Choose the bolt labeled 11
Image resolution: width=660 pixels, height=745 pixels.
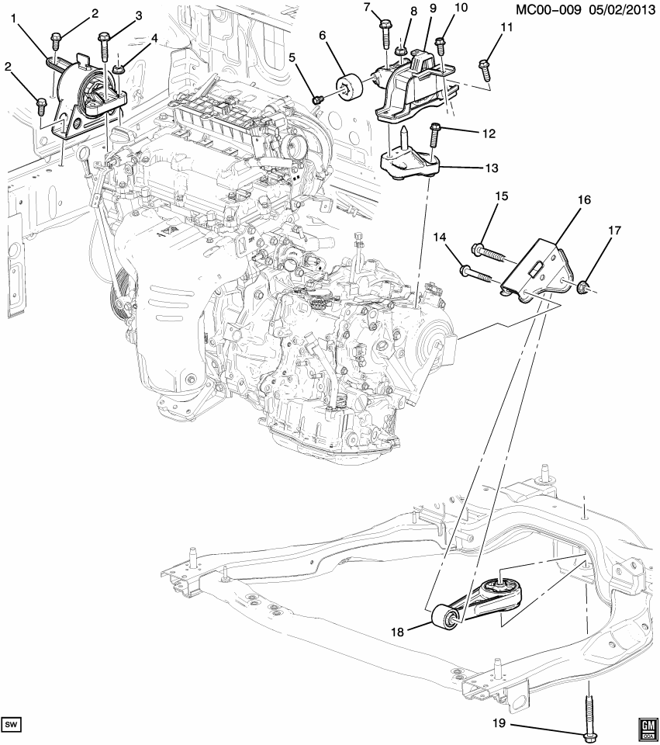pos(484,71)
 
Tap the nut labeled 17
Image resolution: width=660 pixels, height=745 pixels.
pos(584,289)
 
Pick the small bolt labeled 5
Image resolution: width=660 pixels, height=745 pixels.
pos(318,99)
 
